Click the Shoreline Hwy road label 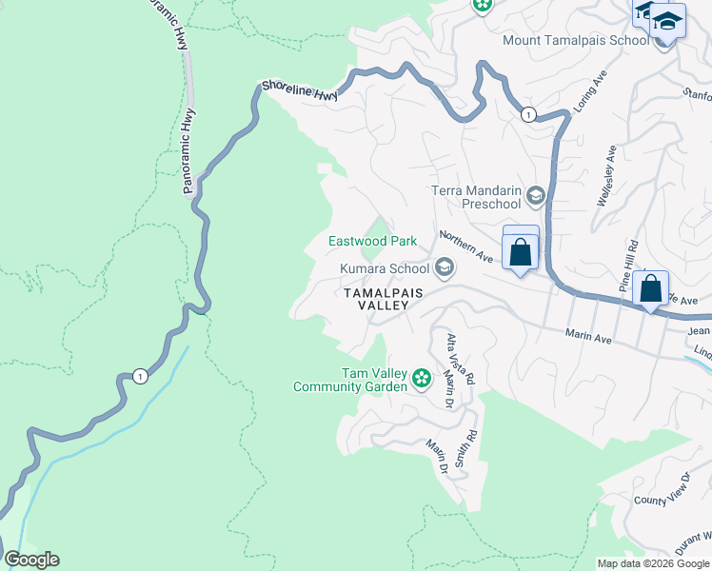pos(299,90)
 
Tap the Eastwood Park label pos(372,242)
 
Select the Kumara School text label pos(385,269)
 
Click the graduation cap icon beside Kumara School pos(444,269)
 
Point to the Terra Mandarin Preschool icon pos(535,197)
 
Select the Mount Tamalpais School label pos(576,40)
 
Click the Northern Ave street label pos(465,246)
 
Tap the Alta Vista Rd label pos(461,359)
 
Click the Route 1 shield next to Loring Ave pos(527,114)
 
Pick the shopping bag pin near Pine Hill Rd pos(651,288)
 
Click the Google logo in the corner pos(31,560)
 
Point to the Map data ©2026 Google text pos(653,562)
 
